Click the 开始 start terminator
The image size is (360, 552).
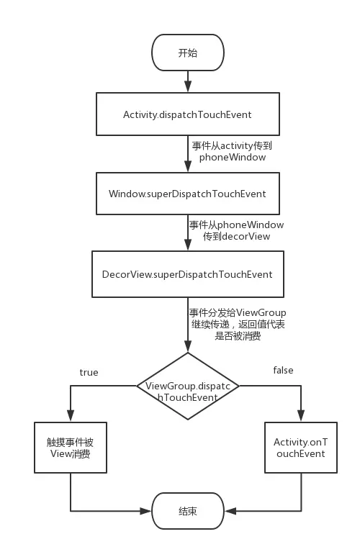[187, 53]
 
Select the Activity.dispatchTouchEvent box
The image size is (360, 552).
[187, 114]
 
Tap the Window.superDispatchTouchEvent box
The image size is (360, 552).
[187, 194]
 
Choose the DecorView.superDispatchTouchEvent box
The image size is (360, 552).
[187, 274]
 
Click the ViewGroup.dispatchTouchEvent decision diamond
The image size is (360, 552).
[188, 386]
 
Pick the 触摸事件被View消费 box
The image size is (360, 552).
[70, 448]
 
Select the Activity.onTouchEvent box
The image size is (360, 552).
[300, 448]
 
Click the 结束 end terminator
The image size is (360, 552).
[187, 511]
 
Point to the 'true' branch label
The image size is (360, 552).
[89, 372]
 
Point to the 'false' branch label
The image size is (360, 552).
[283, 370]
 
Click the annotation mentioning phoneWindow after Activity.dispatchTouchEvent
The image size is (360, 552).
[232, 150]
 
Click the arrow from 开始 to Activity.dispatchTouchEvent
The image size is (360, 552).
[188, 81]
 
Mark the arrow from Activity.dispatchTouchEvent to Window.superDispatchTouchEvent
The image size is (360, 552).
[188, 154]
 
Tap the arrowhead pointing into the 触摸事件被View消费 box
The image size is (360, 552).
[70, 417]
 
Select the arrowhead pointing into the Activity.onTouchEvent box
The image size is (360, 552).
[300, 417]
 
